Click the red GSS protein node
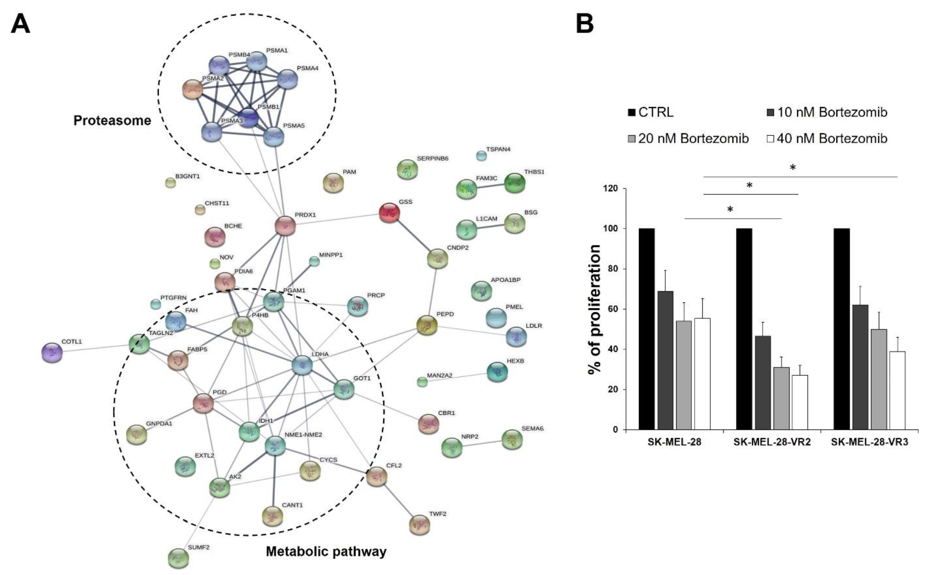coord(389,213)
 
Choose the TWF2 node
coord(419,525)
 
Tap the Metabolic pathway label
coord(326,551)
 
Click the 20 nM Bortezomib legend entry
coord(688,138)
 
